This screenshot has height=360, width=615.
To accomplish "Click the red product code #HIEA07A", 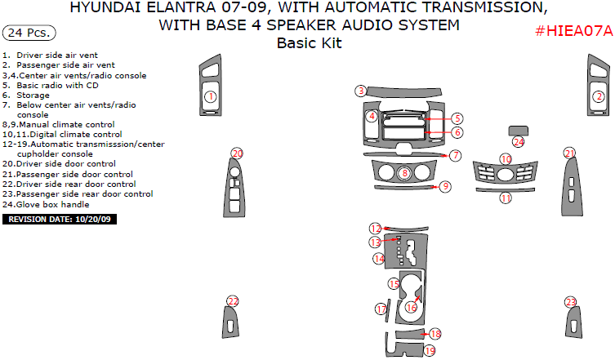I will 573,31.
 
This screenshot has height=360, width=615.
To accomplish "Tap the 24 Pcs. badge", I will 29,33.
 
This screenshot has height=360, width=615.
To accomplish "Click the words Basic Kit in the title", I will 309,42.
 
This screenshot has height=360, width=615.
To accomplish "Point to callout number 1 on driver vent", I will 210,97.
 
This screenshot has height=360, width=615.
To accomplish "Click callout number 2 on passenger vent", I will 598,97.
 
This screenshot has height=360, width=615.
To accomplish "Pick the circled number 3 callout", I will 360,91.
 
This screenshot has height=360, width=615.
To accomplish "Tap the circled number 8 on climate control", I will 404,173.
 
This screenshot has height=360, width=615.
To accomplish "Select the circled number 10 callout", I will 506,159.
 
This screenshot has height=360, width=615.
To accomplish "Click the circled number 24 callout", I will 518,142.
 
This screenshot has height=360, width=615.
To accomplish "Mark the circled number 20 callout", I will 237,153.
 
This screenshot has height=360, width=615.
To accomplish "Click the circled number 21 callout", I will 569,153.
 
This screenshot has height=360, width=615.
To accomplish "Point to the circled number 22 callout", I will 233,302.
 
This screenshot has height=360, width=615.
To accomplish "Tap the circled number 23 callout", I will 570,302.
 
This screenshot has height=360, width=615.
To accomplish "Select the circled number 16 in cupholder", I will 412,307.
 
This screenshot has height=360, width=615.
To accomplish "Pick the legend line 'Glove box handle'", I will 49,204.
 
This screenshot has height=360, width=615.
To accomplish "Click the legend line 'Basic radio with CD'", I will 51,85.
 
